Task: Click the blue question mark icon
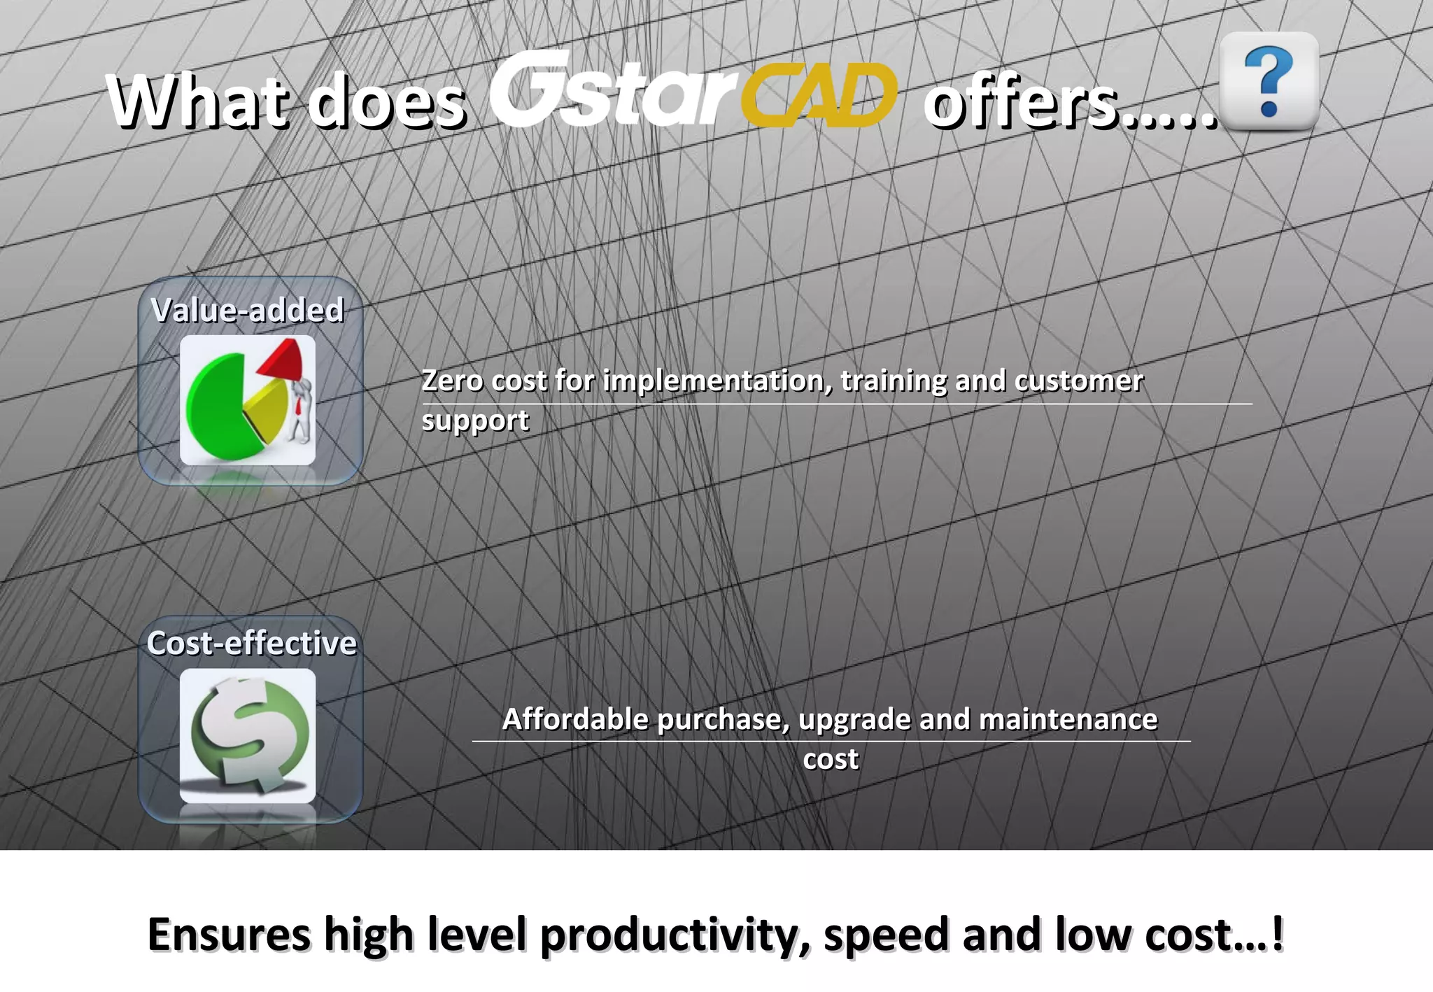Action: click(x=1269, y=82)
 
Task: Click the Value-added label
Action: click(x=248, y=310)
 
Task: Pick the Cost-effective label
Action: click(x=251, y=643)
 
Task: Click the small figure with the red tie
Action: click(x=301, y=413)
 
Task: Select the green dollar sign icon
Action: click(x=249, y=735)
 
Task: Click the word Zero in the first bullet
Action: click(x=451, y=381)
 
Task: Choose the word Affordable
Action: click(x=576, y=719)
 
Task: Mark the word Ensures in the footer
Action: click(x=229, y=935)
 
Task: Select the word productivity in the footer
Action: click(x=675, y=936)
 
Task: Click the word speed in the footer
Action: click(x=887, y=936)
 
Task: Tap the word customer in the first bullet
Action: click(x=1078, y=381)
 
